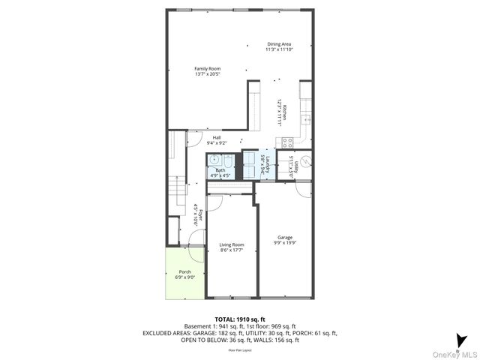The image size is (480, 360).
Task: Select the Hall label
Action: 216,137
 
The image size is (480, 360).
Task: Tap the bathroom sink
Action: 214,159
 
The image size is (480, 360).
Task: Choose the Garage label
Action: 284,237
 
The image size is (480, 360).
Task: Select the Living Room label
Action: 232,244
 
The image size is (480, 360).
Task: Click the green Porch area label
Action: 184,271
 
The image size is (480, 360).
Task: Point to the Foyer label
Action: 196,217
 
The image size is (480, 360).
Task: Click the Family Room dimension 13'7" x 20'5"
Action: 208,74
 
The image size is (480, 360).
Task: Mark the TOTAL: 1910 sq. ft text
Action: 239,319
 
